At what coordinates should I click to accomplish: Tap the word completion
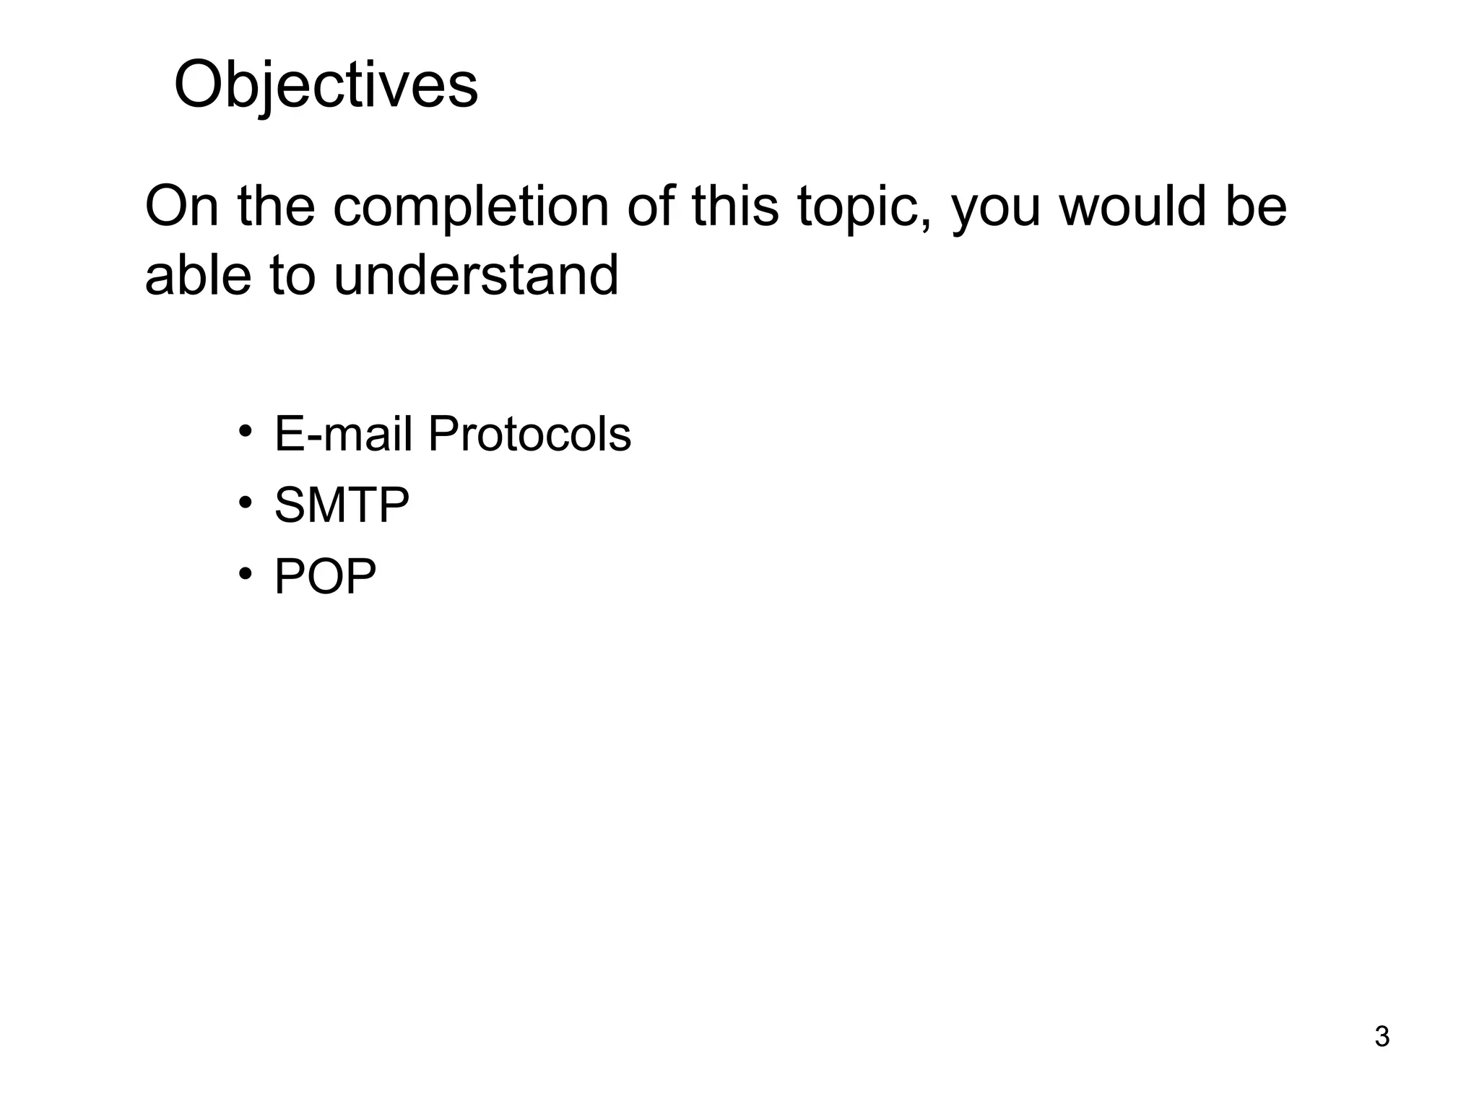click(x=471, y=207)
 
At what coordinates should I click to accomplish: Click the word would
click(x=1134, y=207)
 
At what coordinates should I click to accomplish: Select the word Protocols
click(x=529, y=435)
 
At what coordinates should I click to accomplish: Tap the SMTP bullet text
click(x=342, y=505)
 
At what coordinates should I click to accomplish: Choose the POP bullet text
click(x=325, y=576)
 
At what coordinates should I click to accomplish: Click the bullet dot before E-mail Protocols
click(x=246, y=432)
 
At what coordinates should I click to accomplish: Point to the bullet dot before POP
click(x=246, y=573)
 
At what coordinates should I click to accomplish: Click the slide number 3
click(x=1382, y=1037)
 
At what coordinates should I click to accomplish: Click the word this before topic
click(x=735, y=207)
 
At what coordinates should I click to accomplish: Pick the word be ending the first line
click(x=1256, y=207)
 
